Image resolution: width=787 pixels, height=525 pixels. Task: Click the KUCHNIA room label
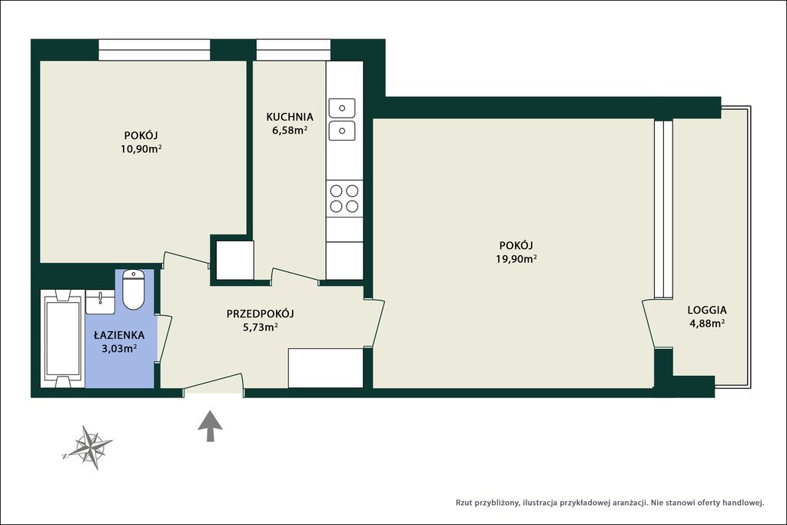(x=290, y=117)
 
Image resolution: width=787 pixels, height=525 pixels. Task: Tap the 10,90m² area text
(x=141, y=148)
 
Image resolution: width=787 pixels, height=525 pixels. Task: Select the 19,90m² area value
(x=516, y=259)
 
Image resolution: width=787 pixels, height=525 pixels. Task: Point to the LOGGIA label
(x=707, y=311)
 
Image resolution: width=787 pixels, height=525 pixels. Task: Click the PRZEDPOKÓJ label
(x=260, y=314)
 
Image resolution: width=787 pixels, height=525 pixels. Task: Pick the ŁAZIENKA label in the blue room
(x=119, y=335)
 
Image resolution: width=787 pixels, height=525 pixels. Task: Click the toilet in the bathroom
(x=134, y=290)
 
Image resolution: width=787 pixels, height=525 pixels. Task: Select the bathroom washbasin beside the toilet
(x=101, y=301)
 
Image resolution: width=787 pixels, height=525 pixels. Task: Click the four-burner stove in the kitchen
(x=344, y=198)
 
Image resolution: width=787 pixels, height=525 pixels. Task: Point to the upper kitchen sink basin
(x=342, y=108)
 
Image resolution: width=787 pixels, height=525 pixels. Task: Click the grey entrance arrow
(x=211, y=426)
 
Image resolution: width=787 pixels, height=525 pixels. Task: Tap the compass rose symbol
(x=89, y=447)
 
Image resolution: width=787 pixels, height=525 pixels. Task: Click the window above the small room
(x=154, y=50)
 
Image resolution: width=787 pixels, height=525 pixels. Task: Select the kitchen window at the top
(x=294, y=50)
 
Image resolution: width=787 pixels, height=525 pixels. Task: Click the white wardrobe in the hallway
(x=326, y=368)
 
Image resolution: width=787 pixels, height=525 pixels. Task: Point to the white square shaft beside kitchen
(x=235, y=260)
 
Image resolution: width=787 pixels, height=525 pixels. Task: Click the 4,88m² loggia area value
(x=707, y=324)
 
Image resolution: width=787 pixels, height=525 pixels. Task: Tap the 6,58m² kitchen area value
(x=290, y=131)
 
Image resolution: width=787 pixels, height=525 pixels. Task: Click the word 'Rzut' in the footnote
(x=464, y=503)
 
